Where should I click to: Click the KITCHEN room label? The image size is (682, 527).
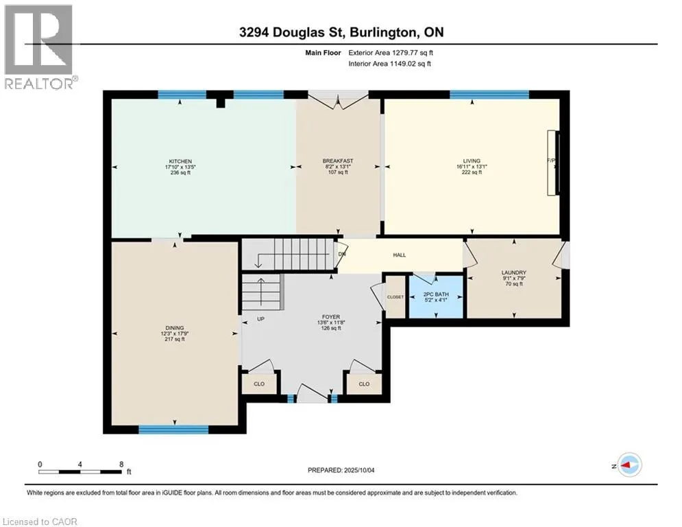click(x=180, y=161)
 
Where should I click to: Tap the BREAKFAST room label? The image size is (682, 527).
click(x=338, y=161)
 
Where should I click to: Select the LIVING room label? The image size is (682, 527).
click(x=472, y=161)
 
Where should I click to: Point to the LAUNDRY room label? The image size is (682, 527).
click(x=513, y=272)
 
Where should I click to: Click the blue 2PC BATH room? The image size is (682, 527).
click(x=436, y=296)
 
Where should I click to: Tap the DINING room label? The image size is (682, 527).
click(x=174, y=328)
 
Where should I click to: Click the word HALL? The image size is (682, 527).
click(x=400, y=255)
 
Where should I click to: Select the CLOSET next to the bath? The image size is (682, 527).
click(x=395, y=297)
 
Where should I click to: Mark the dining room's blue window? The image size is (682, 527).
click(x=173, y=430)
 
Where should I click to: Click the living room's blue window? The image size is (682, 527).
click(x=489, y=95)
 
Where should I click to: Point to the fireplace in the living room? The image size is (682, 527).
click(x=553, y=163)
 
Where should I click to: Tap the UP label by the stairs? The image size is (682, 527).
click(x=260, y=319)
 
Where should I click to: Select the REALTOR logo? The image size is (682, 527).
click(x=39, y=47)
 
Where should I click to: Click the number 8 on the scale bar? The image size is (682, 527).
click(x=121, y=465)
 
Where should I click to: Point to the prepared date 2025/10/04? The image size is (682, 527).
click(x=359, y=470)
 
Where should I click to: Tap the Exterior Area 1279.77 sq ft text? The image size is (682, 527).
click(x=391, y=53)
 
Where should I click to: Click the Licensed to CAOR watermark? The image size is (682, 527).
click(x=40, y=522)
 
